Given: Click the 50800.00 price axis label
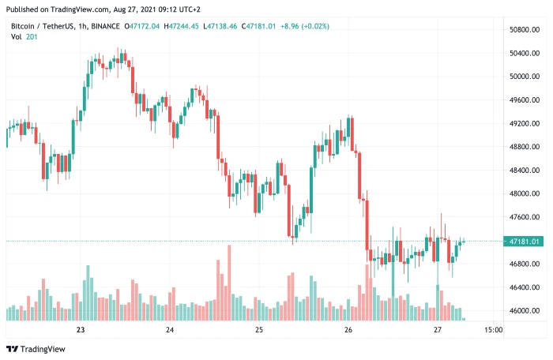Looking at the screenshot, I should click(525, 30).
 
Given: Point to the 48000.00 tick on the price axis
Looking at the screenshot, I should click(525, 193).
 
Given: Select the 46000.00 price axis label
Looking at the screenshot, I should click(525, 310).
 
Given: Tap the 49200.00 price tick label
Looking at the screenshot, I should click(525, 123).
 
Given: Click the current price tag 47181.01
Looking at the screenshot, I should click(525, 241).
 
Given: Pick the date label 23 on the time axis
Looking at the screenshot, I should click(80, 330).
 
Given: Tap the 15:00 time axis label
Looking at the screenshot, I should click(491, 330).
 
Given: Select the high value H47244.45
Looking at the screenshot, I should click(182, 26).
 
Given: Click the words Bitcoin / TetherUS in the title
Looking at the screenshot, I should click(37, 26).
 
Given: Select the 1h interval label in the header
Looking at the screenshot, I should click(77, 26).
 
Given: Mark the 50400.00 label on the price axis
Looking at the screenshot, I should click(525, 53).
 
